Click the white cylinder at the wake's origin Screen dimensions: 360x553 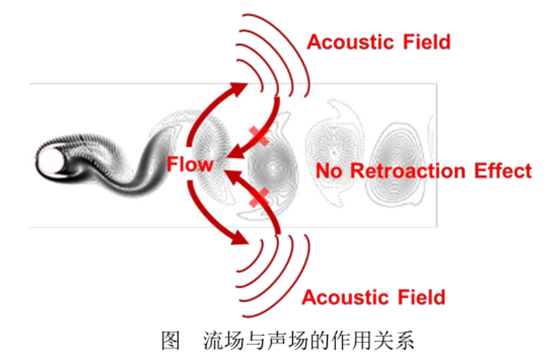tap(52, 159)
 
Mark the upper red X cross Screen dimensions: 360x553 tap(260, 137)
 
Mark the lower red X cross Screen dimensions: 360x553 tap(260, 197)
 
